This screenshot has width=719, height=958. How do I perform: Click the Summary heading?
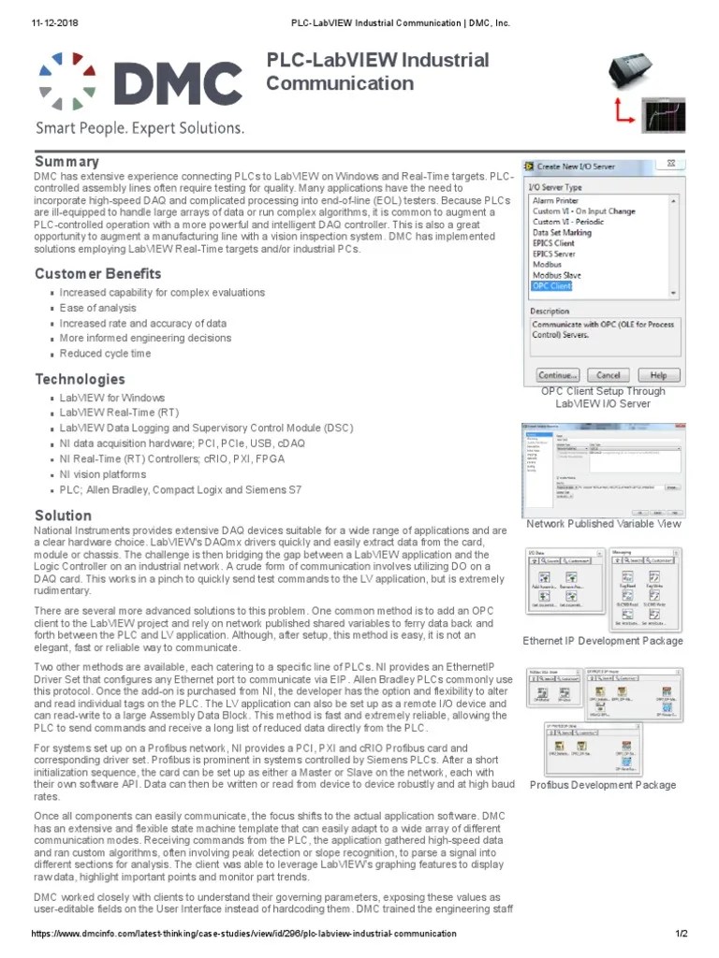click(66, 162)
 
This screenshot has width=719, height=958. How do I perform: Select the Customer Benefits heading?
click(98, 274)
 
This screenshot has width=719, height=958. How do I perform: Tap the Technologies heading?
click(80, 379)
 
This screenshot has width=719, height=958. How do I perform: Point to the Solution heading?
click(63, 515)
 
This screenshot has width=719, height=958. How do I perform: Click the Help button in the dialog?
click(658, 374)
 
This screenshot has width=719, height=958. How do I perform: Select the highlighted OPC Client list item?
click(551, 286)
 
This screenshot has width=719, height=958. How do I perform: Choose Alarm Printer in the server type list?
click(555, 200)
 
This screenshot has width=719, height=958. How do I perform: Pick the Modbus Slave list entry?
click(559, 275)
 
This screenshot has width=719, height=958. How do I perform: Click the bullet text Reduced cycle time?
click(105, 354)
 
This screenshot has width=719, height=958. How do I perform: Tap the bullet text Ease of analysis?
click(98, 308)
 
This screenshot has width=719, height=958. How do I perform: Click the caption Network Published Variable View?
click(604, 524)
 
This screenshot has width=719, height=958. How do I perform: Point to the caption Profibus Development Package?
click(602, 785)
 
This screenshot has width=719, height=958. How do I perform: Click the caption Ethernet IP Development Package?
click(602, 641)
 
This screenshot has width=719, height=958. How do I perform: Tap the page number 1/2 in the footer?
click(682, 934)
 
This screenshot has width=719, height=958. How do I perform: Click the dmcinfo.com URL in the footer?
click(243, 934)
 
